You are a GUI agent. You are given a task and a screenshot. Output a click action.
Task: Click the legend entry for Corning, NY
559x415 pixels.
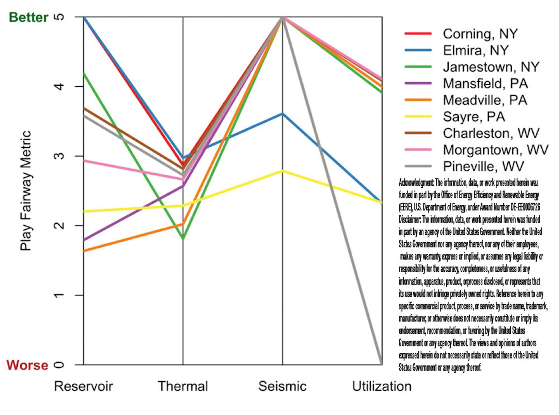pyautogui.click(x=480, y=34)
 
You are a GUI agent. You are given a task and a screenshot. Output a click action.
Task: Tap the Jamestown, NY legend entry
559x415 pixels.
pyautogui.click(x=491, y=67)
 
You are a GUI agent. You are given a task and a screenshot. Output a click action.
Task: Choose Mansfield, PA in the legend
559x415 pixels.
pyautogui.click(x=485, y=84)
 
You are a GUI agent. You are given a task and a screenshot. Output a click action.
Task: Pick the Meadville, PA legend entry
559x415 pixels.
pyautogui.click(x=485, y=100)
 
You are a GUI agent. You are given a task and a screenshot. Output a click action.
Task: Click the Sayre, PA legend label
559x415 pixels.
pyautogui.click(x=474, y=117)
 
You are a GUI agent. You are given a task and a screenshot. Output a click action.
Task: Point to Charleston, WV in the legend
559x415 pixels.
pyautogui.click(x=491, y=133)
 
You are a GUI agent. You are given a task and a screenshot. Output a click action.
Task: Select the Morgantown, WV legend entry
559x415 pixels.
pyautogui.click(x=496, y=150)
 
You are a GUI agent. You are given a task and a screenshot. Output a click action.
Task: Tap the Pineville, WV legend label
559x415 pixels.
pyautogui.click(x=483, y=166)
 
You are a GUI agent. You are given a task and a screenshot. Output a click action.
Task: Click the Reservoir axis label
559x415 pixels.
pyautogui.click(x=83, y=386)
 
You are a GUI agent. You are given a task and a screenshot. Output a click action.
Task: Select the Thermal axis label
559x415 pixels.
pyautogui.click(x=183, y=386)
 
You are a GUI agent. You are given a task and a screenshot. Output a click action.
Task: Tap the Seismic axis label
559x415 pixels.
pyautogui.click(x=282, y=386)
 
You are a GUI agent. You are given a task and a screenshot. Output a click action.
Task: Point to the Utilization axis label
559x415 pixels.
pyautogui.click(x=382, y=386)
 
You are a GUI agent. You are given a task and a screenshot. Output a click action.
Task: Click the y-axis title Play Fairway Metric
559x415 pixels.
pyautogui.click(x=26, y=190)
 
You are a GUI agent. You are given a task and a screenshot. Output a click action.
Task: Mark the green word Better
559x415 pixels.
pyautogui.click(x=29, y=17)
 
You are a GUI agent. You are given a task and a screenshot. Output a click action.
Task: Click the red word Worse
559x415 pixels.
pyautogui.click(x=27, y=365)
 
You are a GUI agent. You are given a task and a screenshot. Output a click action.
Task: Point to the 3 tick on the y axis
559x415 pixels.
pyautogui.click(x=59, y=156)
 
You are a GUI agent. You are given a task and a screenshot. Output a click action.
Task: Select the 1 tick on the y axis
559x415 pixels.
pyautogui.click(x=59, y=295)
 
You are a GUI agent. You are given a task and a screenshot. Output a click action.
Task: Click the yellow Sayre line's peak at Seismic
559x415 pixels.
pyautogui.click(x=283, y=171)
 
